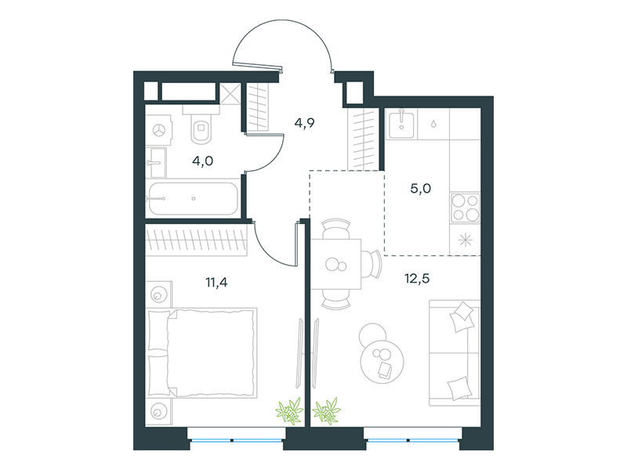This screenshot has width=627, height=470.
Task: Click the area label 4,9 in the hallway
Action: [304, 123]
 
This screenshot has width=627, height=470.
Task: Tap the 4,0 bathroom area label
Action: [202, 161]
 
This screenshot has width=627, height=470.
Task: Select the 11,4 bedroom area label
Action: [216, 283]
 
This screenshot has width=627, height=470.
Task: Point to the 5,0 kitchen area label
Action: [420, 188]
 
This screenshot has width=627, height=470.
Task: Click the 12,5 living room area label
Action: [417, 278]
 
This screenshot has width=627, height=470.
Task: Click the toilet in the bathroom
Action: [201, 125]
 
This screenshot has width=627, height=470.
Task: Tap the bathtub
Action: [193, 199]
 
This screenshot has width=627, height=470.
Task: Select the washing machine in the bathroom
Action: [159, 130]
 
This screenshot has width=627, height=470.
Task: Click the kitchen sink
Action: [401, 125]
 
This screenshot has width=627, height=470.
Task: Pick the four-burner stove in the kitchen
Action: [465, 208]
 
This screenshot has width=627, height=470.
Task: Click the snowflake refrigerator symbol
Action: [465, 240]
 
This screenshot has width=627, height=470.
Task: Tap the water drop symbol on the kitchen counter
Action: [433, 125]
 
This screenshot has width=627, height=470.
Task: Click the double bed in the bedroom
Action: [202, 353]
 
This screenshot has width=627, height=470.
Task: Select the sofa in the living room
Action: [455, 353]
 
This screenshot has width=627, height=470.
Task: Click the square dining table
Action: [336, 264]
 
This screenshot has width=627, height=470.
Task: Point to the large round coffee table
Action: [382, 362]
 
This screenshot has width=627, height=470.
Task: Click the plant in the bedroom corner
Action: [289, 411]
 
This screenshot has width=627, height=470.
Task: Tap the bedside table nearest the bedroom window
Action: [159, 410]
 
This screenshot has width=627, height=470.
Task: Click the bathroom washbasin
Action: [155, 163]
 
